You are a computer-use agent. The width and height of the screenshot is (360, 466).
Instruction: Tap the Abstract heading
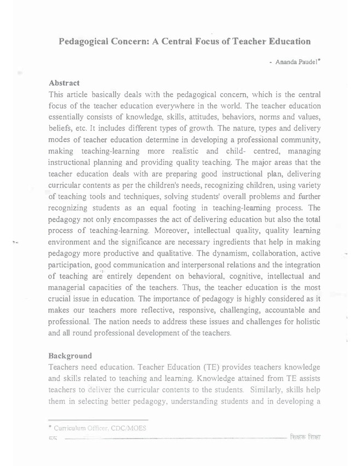[65, 83]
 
